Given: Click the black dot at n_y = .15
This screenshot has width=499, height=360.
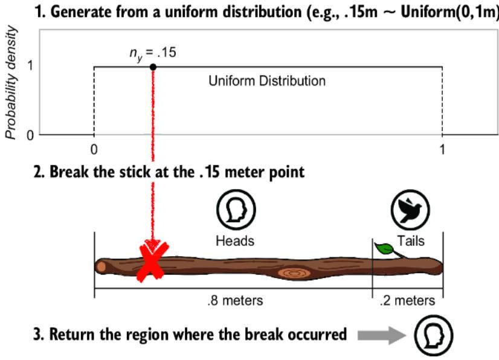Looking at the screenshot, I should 153,66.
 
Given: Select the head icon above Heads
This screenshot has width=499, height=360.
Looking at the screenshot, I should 235,210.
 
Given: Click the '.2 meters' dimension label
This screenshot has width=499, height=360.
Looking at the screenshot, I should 407,300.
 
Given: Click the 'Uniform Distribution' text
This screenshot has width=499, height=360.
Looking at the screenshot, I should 267,80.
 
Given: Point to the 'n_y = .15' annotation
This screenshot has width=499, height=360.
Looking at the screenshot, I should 152,53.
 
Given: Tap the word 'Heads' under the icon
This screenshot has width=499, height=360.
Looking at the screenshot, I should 235,240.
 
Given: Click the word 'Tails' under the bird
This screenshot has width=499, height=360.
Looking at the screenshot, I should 411,240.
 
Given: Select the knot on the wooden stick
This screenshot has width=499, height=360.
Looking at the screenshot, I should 295,273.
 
